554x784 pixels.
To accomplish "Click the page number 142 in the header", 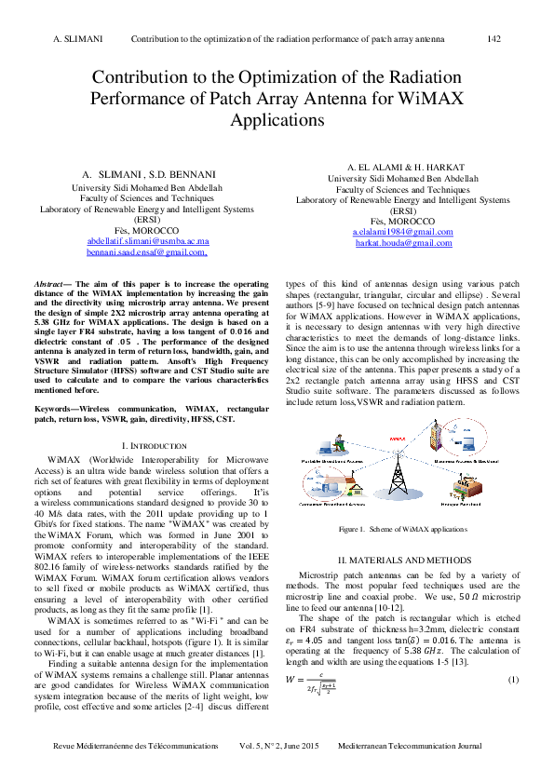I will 494,39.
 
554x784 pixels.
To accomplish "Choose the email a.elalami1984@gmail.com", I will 403,231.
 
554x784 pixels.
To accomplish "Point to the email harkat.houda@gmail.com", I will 403,242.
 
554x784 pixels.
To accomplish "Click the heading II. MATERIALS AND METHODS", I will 403,559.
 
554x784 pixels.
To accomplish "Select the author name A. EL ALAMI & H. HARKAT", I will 403,166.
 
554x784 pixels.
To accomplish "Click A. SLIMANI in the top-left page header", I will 78,39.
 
